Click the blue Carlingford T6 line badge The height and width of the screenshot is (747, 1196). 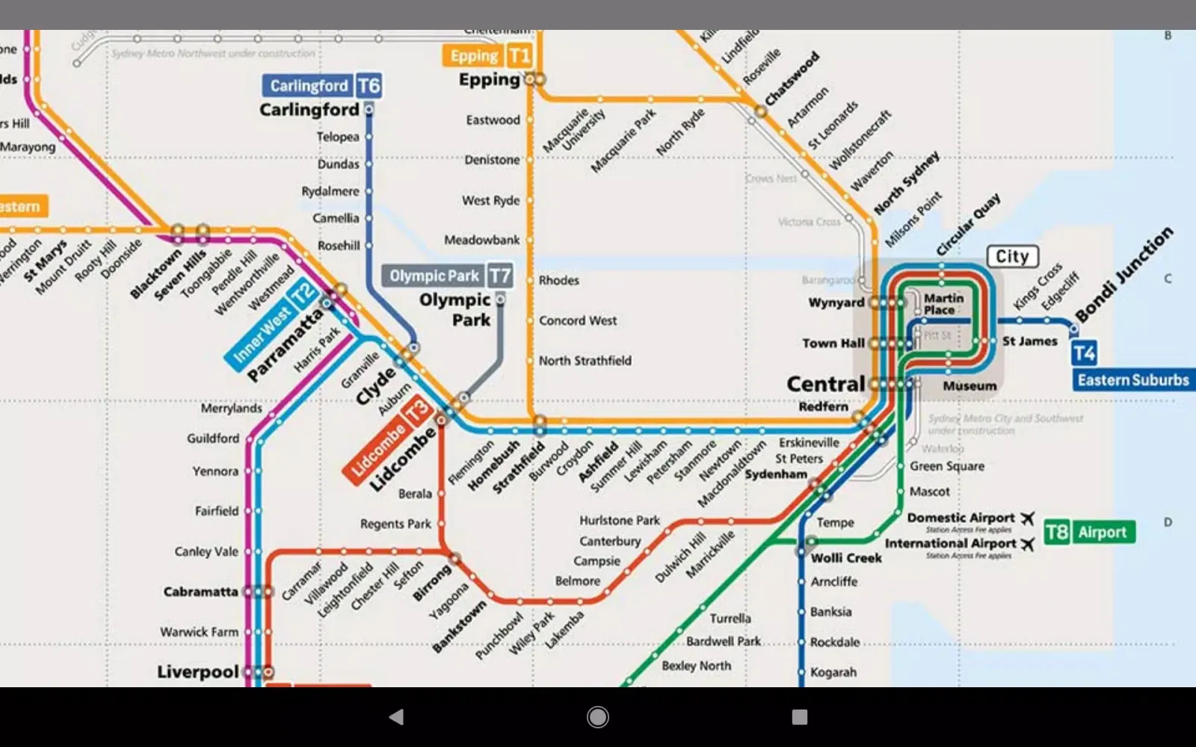(x=322, y=86)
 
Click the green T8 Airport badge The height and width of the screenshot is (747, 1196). (x=1089, y=532)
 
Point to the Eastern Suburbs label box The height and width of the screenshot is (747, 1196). (x=1132, y=380)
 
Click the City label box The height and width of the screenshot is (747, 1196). (x=1012, y=257)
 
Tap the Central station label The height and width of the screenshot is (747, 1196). (x=825, y=384)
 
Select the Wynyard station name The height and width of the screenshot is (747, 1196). (x=836, y=303)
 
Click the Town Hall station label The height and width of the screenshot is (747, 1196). (x=833, y=344)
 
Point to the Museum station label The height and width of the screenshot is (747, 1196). (x=970, y=386)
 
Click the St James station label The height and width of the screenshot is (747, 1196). (x=1029, y=341)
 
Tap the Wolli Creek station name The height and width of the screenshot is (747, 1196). (x=846, y=558)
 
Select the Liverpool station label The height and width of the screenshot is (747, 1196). (x=197, y=672)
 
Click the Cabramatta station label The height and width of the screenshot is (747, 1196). (x=200, y=592)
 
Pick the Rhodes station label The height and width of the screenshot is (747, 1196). (x=558, y=281)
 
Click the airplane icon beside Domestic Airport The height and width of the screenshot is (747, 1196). (x=1028, y=518)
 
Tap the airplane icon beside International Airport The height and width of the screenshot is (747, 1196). (x=1028, y=544)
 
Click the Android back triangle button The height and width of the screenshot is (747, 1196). (x=396, y=717)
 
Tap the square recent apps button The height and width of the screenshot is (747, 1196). (x=799, y=717)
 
